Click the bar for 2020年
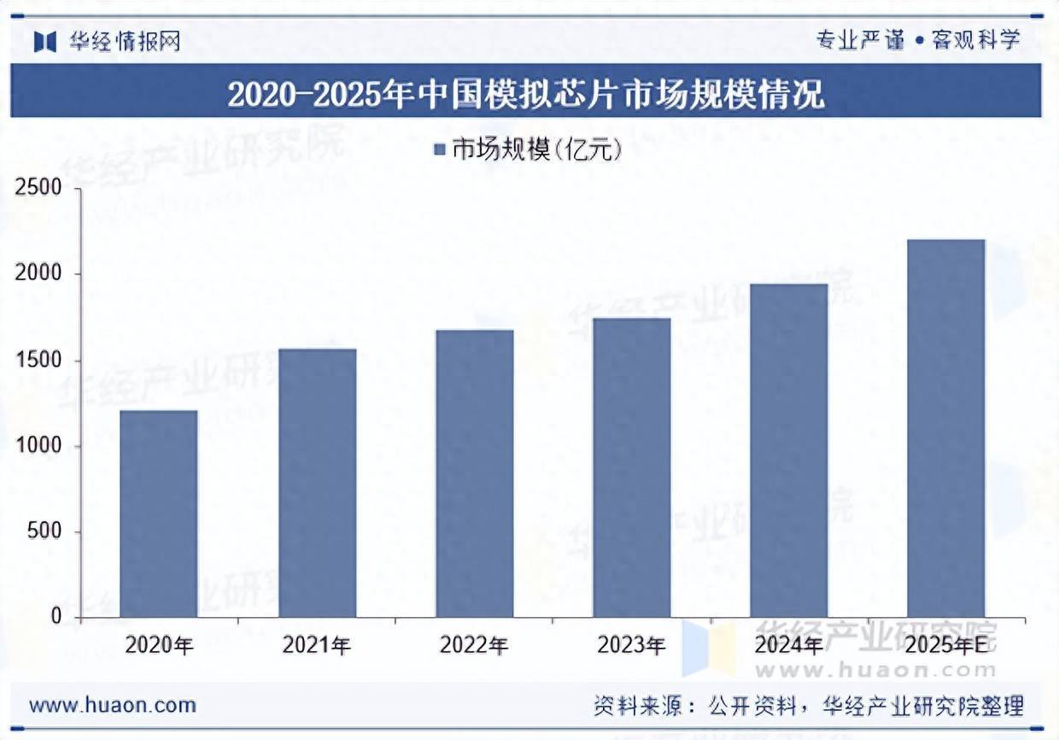tap(159, 514)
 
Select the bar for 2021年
tap(317, 483)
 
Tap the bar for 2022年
tap(474, 473)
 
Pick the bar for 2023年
tap(632, 467)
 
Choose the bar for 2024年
tap(789, 450)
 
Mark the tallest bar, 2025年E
tap(946, 428)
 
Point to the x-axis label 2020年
tap(159, 645)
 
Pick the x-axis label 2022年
tap(474, 645)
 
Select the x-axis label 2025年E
tap(951, 645)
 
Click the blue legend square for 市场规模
tap(441, 150)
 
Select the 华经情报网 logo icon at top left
tap(45, 41)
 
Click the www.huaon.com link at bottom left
tap(113, 706)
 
